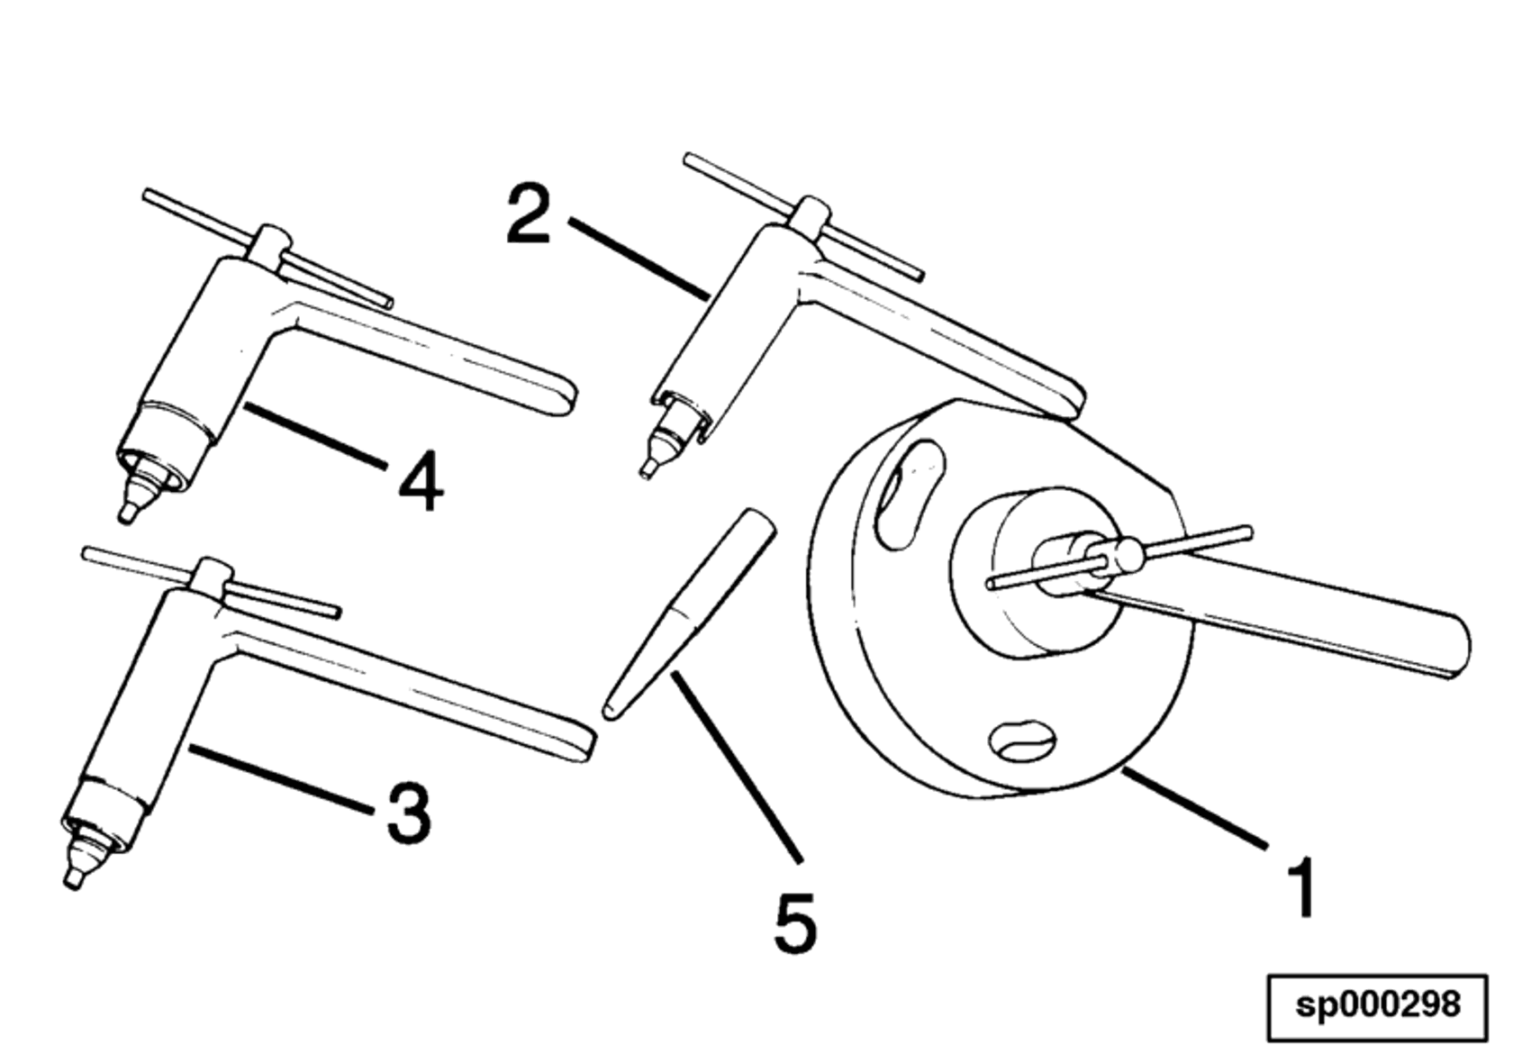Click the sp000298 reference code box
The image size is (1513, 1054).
1377,1005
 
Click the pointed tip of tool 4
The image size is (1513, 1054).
128,513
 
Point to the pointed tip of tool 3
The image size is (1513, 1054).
72,880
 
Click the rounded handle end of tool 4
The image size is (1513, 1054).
563,396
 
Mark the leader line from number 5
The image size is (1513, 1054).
734,766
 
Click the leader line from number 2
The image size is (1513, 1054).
638,257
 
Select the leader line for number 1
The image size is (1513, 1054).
1193,808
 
